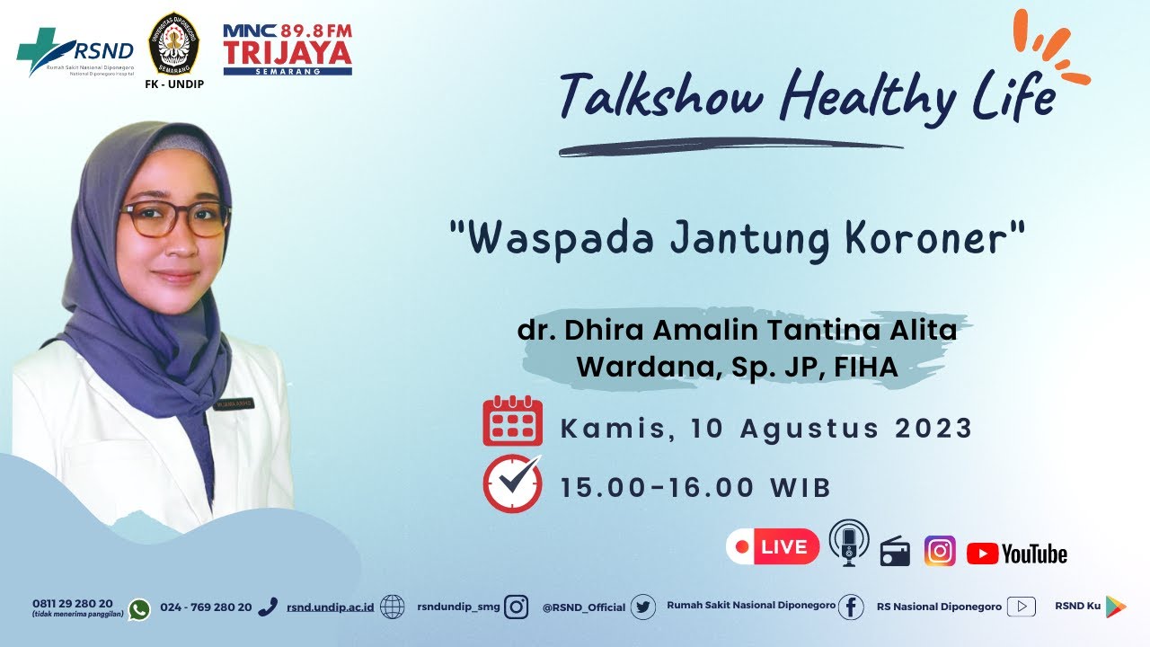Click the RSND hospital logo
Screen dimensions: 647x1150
[75, 52]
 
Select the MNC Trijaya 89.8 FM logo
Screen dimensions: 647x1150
[287, 49]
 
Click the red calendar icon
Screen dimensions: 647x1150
[512, 421]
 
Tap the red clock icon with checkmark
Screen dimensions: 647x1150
[512, 483]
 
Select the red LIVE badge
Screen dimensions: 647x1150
[773, 546]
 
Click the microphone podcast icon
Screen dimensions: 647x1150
[848, 542]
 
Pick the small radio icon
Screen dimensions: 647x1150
[895, 552]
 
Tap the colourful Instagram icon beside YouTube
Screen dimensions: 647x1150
[940, 551]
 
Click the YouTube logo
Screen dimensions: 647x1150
[1017, 554]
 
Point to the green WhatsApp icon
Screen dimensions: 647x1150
[139, 609]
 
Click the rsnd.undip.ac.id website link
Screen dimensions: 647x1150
[331, 607]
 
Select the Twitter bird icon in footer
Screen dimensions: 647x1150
[642, 607]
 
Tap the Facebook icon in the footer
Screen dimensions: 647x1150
[850, 607]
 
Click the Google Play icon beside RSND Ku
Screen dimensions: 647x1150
[1115, 607]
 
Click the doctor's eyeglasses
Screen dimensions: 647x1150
[175, 219]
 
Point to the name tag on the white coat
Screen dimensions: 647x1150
[234, 403]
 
